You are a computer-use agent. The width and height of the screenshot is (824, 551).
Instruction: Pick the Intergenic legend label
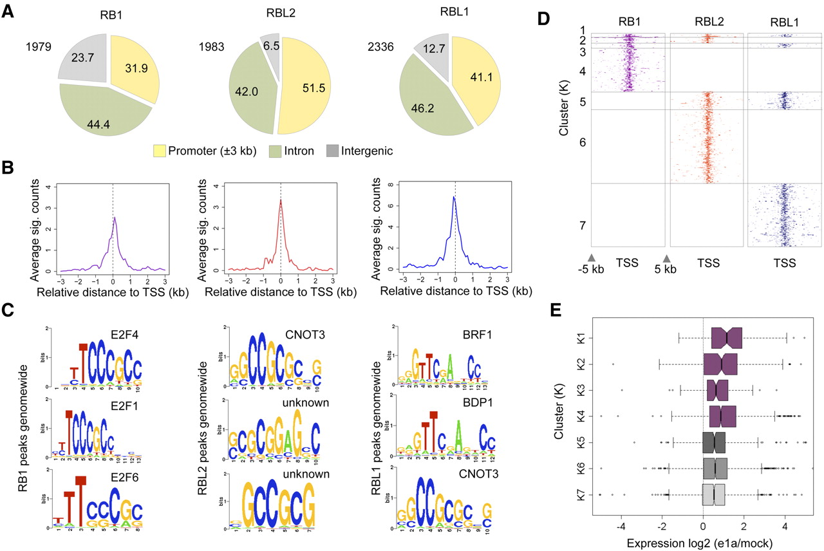[367, 151]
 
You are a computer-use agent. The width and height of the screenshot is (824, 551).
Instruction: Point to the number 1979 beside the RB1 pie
[38, 46]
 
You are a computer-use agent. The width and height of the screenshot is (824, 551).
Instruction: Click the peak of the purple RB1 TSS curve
[114, 218]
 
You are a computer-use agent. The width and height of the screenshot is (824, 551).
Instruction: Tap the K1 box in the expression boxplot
[727, 337]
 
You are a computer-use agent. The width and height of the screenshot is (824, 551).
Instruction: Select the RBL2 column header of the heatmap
[708, 21]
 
